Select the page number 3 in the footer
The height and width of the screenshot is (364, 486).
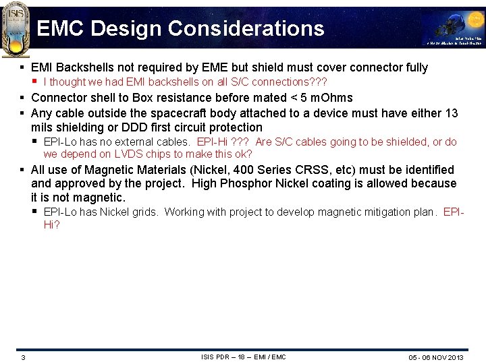22,357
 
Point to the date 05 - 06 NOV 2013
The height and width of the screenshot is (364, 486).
437,357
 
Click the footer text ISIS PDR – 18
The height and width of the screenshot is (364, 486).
225,357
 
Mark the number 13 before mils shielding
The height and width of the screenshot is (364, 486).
451,113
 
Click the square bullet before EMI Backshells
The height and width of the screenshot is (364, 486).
22,67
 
